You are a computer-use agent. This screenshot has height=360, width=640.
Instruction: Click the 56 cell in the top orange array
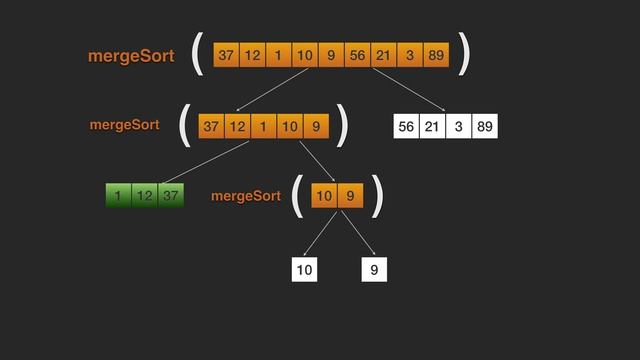click(x=357, y=56)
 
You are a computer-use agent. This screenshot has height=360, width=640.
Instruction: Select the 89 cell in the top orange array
click(x=435, y=56)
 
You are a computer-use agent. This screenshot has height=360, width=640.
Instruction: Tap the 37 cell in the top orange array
click(x=227, y=56)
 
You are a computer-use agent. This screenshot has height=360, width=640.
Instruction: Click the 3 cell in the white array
click(x=458, y=127)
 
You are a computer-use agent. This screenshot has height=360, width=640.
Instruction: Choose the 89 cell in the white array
click(x=484, y=127)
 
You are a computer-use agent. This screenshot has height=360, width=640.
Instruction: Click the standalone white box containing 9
click(x=374, y=269)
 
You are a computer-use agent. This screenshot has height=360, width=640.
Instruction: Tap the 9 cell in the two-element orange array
click(x=350, y=197)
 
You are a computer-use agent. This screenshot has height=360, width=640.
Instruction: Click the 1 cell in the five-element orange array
click(x=262, y=127)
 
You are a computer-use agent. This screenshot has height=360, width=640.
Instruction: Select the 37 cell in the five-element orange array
click(x=211, y=127)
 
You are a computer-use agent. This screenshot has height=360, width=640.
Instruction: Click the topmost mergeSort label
click(x=131, y=56)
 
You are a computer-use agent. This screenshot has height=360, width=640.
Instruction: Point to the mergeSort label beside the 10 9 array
click(x=245, y=197)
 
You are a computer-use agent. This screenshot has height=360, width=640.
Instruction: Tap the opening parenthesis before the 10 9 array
click(x=298, y=197)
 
